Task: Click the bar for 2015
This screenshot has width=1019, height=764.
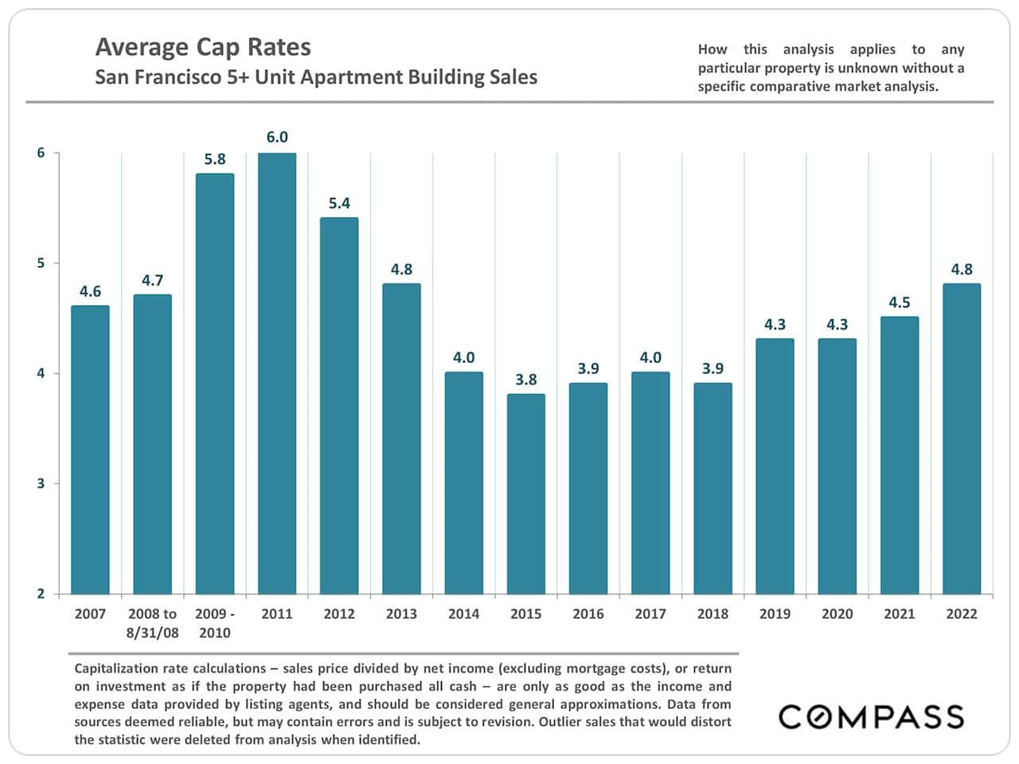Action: [x=526, y=493]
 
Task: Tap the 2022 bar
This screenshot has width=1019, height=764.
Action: [x=962, y=439]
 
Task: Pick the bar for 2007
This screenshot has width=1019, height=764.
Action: [x=90, y=450]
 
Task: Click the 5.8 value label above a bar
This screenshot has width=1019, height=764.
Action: [x=215, y=159]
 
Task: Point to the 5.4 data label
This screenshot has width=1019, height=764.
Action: [x=339, y=203]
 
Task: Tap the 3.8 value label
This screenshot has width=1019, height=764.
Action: [x=526, y=380]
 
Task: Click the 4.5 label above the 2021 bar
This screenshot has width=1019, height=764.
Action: [x=900, y=302]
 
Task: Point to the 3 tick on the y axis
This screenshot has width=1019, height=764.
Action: [x=41, y=484]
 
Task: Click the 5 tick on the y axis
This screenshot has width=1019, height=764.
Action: [x=41, y=263]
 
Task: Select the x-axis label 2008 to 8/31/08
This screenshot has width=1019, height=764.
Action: [x=152, y=623]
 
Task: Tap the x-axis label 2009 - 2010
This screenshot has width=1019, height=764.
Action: [x=215, y=623]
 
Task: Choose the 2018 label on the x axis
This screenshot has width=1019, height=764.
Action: [x=713, y=614]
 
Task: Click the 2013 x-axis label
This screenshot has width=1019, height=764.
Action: [x=401, y=614]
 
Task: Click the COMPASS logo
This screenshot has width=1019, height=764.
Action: [x=871, y=716]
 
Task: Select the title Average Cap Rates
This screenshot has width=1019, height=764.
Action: [x=203, y=47]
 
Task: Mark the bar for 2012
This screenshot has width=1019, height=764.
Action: [x=339, y=406]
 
